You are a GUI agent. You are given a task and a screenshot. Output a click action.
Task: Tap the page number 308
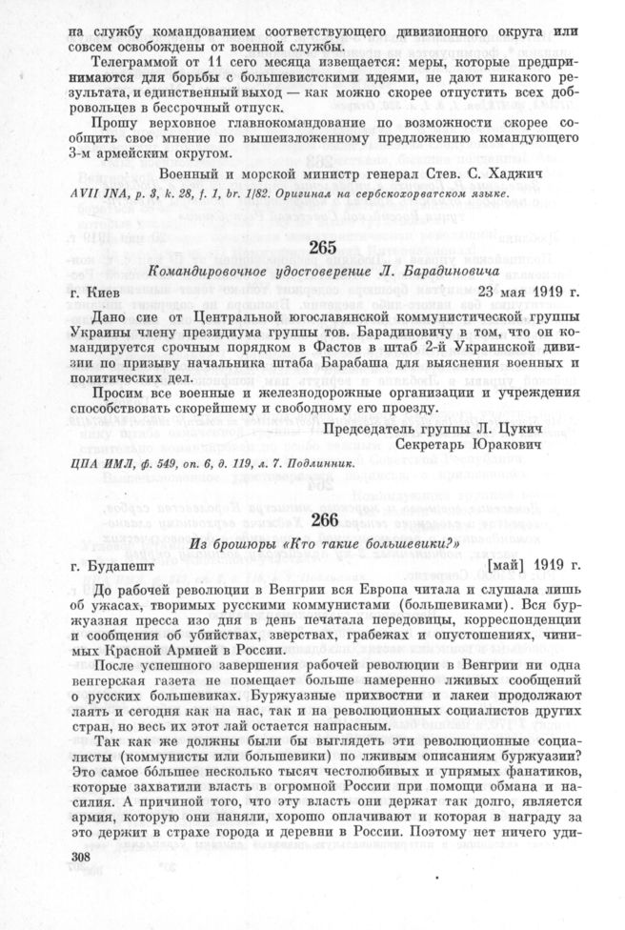87,886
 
